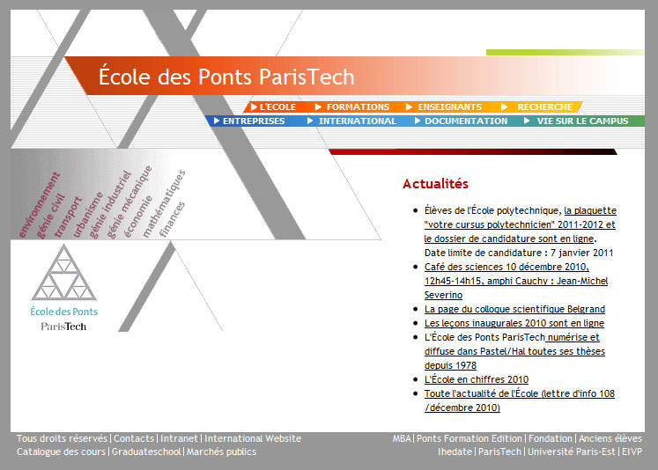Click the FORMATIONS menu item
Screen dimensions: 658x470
click(358, 106)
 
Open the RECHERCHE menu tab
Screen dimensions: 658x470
click(544, 106)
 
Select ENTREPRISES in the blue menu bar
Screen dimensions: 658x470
click(254, 121)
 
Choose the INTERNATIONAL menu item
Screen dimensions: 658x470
click(357, 121)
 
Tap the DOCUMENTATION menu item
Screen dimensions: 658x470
click(466, 121)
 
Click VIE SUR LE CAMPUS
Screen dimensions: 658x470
click(582, 121)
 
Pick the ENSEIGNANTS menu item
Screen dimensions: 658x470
click(450, 106)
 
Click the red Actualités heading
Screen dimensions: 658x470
click(435, 184)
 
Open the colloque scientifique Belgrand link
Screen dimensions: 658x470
click(514, 309)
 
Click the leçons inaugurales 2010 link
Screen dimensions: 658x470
click(514, 323)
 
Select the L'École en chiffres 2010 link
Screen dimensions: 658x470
click(477, 379)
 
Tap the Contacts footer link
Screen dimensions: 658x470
click(134, 438)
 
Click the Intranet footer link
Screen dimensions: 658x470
click(179, 438)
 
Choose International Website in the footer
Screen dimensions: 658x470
click(253, 438)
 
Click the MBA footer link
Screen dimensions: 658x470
click(402, 438)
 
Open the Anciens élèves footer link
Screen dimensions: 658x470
click(610, 438)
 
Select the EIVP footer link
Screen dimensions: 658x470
click(632, 452)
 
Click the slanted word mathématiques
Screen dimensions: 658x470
click(164, 204)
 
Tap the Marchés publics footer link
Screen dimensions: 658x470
click(221, 452)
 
